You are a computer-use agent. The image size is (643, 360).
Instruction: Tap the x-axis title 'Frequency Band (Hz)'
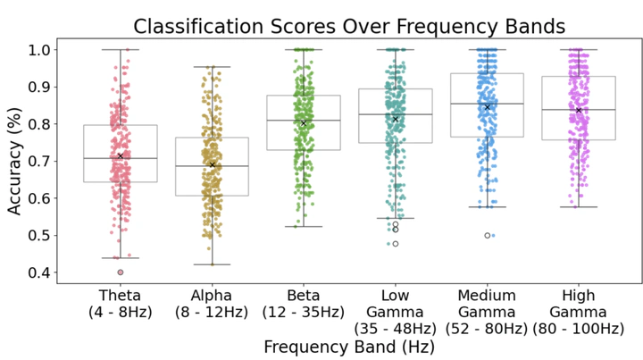coord(348,346)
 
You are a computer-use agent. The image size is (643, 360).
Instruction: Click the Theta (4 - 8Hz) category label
coord(120,304)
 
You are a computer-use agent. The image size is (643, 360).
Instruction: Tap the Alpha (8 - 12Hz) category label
coord(212,304)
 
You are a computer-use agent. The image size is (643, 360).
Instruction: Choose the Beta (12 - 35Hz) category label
coord(304,304)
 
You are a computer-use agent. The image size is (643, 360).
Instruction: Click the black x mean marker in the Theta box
coord(120,156)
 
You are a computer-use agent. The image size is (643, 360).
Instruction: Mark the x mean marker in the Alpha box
coord(212,164)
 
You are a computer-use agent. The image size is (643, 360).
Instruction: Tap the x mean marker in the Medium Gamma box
coord(487,107)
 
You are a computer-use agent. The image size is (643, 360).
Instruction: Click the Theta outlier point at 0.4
coord(120,272)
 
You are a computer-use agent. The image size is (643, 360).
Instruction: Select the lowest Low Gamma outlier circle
coord(395,243)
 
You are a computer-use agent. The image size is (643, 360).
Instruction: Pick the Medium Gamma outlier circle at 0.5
coord(487,236)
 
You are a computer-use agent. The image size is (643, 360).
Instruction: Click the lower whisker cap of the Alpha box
coord(212,264)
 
